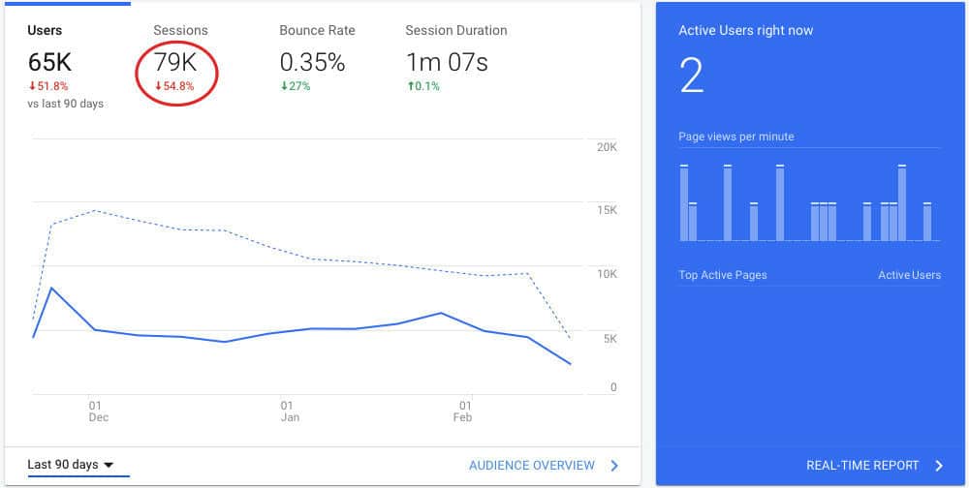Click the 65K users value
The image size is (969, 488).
tap(50, 63)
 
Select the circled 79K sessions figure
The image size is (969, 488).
tap(176, 63)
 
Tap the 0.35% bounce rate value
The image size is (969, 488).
tap(312, 63)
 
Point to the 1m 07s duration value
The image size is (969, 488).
tap(446, 63)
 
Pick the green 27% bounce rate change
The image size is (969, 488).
tap(295, 86)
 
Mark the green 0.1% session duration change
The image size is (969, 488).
tap(422, 86)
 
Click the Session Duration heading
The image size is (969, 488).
tap(455, 30)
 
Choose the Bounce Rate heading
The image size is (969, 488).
tap(317, 30)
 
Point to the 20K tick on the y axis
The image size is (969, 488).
tap(607, 147)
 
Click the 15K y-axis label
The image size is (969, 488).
tap(607, 210)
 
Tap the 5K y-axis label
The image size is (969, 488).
tap(610, 338)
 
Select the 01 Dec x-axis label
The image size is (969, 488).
tap(98, 412)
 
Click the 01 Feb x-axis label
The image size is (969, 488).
tap(463, 412)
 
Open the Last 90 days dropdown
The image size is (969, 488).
tap(70, 465)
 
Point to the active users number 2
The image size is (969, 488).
tap(691, 75)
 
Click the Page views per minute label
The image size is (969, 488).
tap(735, 137)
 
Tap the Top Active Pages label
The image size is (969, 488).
tap(722, 275)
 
